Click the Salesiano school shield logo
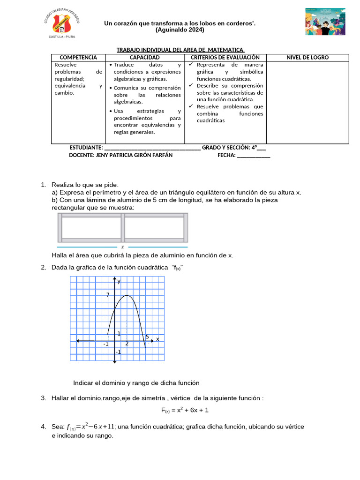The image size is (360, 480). [x=62, y=22]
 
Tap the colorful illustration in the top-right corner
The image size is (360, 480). [x=324, y=21]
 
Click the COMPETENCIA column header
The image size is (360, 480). [x=79, y=57]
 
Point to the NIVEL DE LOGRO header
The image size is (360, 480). [x=307, y=57]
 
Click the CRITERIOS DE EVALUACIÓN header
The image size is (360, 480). [x=225, y=57]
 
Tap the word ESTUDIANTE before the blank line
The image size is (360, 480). [x=86, y=148]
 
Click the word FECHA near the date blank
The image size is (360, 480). [x=226, y=155]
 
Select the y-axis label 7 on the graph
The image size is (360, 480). [x=108, y=295]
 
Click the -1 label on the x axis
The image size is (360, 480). [x=106, y=344]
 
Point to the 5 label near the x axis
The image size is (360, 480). [x=147, y=337]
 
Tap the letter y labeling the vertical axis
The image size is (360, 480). [x=119, y=281]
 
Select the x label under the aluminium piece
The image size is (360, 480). [x=122, y=247]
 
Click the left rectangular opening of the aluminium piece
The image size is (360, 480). [x=91, y=228]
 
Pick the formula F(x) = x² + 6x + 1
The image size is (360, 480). [x=185, y=410]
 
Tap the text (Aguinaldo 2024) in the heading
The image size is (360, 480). [x=180, y=30]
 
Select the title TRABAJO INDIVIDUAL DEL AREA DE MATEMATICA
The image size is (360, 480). [x=180, y=49]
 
